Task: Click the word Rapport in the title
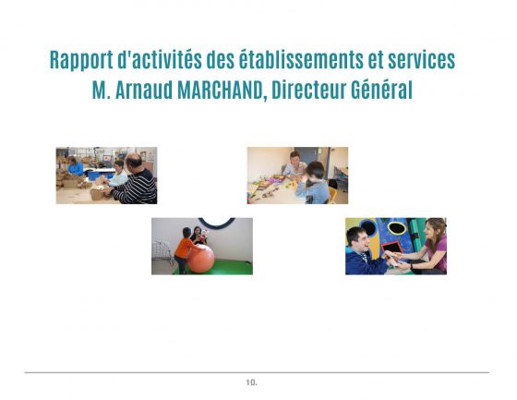click(x=81, y=60)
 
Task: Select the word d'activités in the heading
click(x=160, y=60)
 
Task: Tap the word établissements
click(x=301, y=59)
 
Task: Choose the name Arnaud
click(x=144, y=90)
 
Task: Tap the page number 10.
click(x=251, y=382)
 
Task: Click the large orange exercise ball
click(x=200, y=259)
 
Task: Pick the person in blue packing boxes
click(x=75, y=166)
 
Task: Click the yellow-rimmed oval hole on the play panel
click(x=397, y=228)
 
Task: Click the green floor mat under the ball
click(x=227, y=268)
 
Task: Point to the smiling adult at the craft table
click(x=295, y=164)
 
